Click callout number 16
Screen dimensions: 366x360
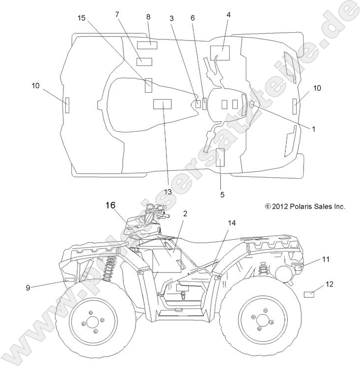tap(110, 204)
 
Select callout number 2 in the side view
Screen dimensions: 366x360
tap(184, 214)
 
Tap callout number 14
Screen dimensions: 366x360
tap(232, 223)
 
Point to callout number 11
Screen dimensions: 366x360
tap(325, 259)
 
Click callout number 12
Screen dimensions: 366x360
tap(329, 284)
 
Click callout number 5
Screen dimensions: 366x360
tap(222, 195)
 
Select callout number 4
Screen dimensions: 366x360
tap(228, 15)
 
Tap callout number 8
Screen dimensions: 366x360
tap(148, 16)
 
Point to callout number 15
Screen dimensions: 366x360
tap(82, 17)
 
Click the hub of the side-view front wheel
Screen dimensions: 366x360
tap(93, 323)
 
